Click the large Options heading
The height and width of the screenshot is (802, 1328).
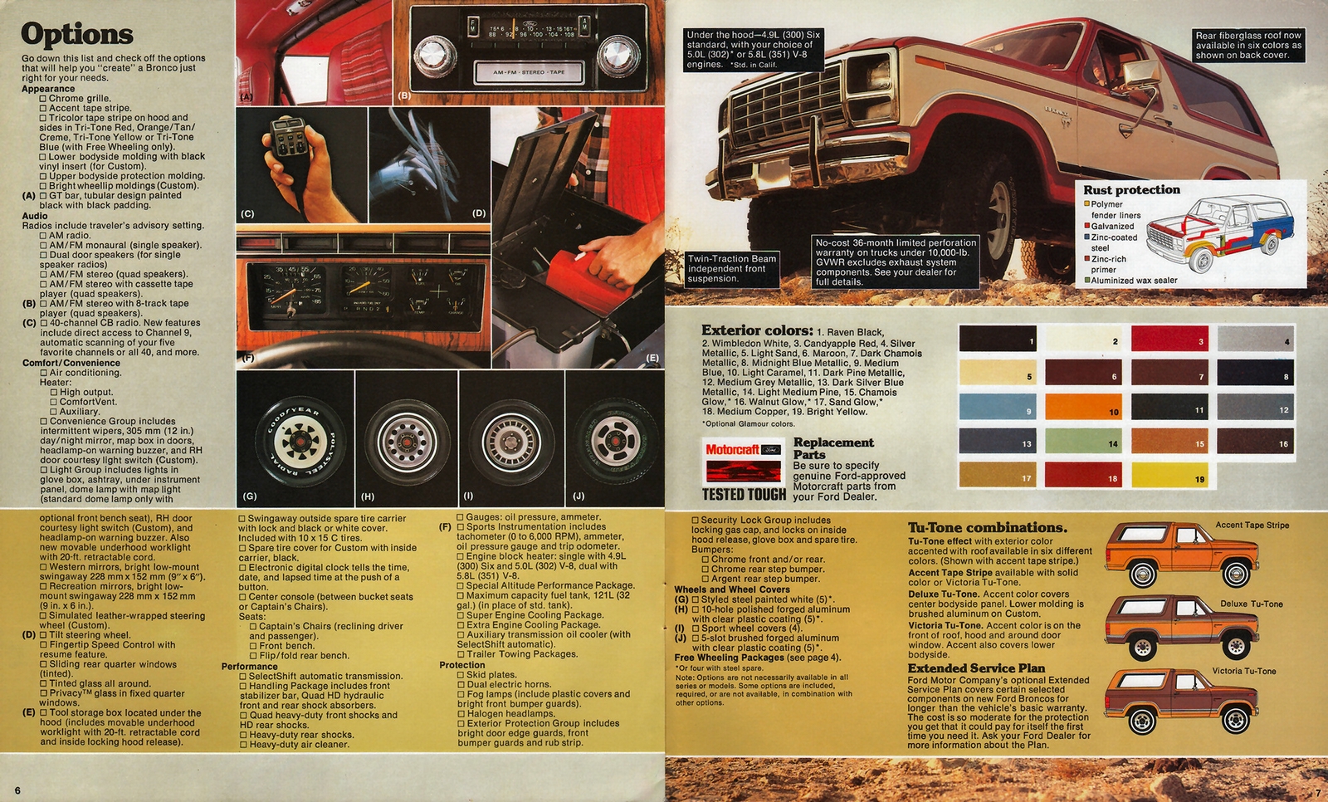(76, 35)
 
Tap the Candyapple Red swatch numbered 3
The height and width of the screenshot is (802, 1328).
(1169, 339)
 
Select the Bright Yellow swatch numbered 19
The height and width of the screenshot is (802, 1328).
(1169, 475)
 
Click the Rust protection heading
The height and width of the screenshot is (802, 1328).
(1131, 190)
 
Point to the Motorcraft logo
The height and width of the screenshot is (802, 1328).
(743, 450)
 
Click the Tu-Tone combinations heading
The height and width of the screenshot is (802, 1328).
(987, 528)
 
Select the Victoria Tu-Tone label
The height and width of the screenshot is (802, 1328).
(1243, 671)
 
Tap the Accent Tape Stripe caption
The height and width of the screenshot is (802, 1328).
(1252, 525)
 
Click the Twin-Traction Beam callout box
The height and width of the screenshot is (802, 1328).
(732, 269)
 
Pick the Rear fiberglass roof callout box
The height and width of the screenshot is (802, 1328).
(1247, 46)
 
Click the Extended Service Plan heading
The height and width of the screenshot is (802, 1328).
(976, 668)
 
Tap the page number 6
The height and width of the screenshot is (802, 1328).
(17, 790)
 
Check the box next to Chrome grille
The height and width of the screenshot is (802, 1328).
(43, 99)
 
